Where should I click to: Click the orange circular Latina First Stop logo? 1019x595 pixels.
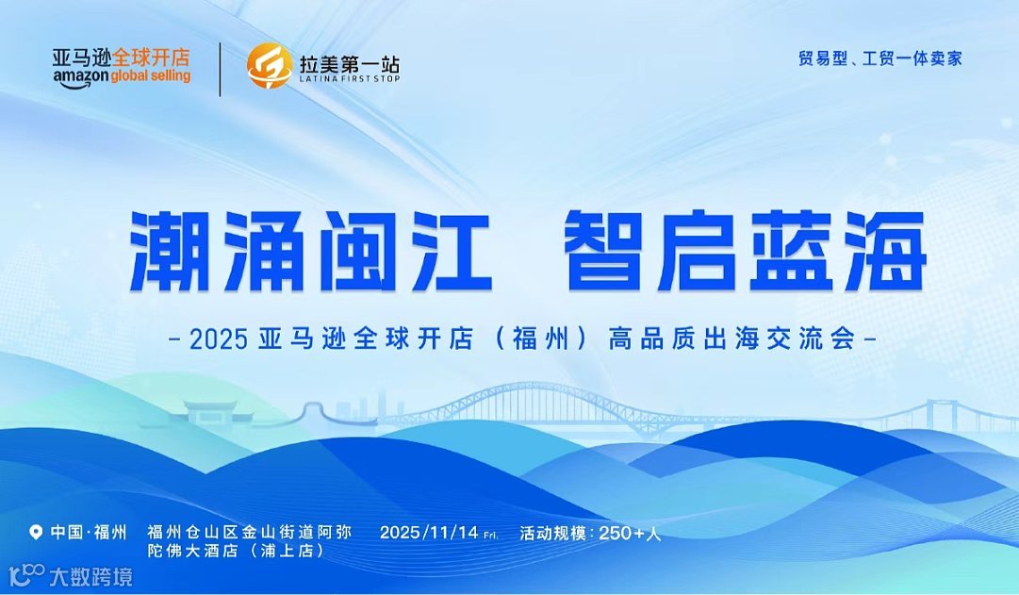pyautogui.click(x=269, y=67)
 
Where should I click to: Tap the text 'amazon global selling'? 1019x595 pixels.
pyautogui.click(x=122, y=76)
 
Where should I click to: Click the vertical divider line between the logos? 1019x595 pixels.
pyautogui.click(x=220, y=69)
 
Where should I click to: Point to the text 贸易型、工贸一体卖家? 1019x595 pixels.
pyautogui.click(x=879, y=58)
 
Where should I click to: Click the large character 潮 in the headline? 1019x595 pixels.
pyautogui.click(x=170, y=250)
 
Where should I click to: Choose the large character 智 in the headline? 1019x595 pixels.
pyautogui.click(x=604, y=250)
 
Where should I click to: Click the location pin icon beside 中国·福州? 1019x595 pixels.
pyautogui.click(x=37, y=533)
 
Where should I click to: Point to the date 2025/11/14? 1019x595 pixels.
pyautogui.click(x=429, y=533)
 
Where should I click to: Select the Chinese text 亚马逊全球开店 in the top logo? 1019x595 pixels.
pyautogui.click(x=121, y=57)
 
